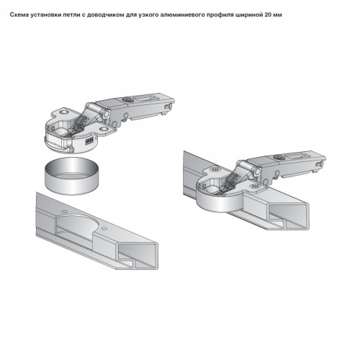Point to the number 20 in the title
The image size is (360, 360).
(x=268, y=15)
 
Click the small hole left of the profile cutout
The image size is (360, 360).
(x=64, y=212)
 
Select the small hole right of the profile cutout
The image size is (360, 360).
(x=104, y=228)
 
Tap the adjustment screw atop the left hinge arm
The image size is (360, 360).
(x=126, y=99)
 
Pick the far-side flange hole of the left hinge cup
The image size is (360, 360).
(x=64, y=112)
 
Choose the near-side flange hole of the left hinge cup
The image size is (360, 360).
(x=104, y=130)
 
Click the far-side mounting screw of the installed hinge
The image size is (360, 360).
(x=215, y=170)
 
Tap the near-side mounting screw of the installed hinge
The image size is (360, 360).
(x=254, y=186)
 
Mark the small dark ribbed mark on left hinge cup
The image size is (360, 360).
(x=89, y=141)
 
